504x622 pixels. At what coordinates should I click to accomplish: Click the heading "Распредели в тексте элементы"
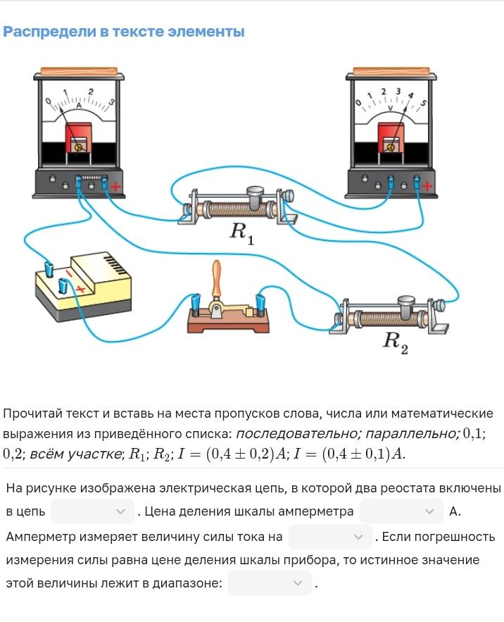click(123, 32)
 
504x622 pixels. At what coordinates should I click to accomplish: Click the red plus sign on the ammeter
click(115, 187)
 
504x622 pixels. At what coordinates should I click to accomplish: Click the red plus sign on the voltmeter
click(427, 186)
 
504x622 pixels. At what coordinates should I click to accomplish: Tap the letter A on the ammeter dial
click(79, 106)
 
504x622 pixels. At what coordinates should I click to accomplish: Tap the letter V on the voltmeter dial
click(390, 108)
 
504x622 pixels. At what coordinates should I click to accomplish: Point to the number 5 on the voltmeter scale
click(423, 104)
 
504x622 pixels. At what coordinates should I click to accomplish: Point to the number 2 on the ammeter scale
click(91, 92)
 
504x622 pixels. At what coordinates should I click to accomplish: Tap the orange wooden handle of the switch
click(217, 278)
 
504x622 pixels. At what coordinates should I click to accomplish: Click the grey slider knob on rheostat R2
click(406, 306)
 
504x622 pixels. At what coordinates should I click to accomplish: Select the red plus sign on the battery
click(80, 290)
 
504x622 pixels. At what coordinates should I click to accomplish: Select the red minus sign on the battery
click(68, 274)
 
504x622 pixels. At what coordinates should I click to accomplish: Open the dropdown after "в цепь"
click(92, 511)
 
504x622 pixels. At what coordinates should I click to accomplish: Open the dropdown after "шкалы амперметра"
click(401, 511)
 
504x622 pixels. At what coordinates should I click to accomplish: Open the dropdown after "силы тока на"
click(330, 537)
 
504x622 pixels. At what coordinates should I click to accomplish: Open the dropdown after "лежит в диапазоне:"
click(270, 583)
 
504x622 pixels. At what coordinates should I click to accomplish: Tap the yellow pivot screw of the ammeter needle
click(79, 147)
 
